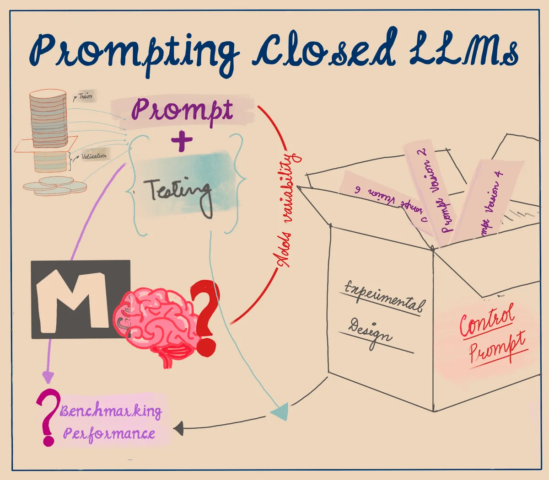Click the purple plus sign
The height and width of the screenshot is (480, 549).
[182, 141]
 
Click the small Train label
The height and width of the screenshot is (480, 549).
[85, 96]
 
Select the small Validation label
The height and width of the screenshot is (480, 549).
[94, 156]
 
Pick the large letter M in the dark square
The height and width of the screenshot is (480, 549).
[73, 299]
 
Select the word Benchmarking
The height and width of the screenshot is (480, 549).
[111, 411]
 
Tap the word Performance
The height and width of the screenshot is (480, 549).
[109, 433]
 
